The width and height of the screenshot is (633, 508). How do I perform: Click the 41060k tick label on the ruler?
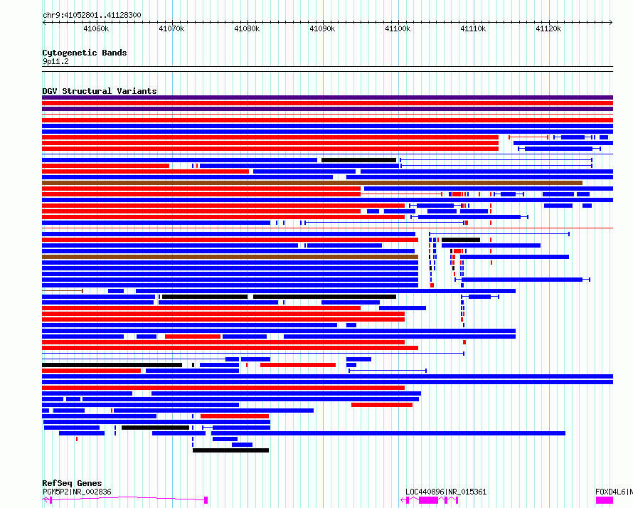coord(96,28)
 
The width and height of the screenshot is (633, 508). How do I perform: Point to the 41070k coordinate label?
coord(171,28)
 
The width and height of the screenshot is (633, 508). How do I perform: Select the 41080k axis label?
coord(247,28)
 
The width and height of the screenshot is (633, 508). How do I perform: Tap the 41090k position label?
coord(322,28)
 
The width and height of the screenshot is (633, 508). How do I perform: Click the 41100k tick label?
coord(398,28)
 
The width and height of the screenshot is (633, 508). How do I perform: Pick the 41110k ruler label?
coord(473,28)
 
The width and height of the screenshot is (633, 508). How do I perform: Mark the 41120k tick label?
coord(548,28)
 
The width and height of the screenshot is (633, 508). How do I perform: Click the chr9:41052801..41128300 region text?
coord(92,16)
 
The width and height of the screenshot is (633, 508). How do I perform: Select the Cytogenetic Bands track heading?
coord(85,53)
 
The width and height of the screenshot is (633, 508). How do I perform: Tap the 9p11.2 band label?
coord(55,61)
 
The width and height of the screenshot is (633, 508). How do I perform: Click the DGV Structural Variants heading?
coord(100,91)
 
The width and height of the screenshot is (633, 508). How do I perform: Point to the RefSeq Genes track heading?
coord(72,483)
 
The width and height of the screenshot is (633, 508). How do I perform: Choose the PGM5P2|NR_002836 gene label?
coord(77,492)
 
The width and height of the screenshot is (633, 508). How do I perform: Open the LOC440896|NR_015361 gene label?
coord(446,492)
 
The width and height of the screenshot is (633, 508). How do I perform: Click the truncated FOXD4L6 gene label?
coord(614,492)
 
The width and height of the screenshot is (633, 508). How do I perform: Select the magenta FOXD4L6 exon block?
coord(605,500)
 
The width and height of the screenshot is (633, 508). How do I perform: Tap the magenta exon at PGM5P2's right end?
coord(206,500)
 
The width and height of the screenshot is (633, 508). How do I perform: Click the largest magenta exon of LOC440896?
coord(428,500)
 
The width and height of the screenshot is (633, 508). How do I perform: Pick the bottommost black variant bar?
coord(230,450)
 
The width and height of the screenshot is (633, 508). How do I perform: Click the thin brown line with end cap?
coord(63,291)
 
